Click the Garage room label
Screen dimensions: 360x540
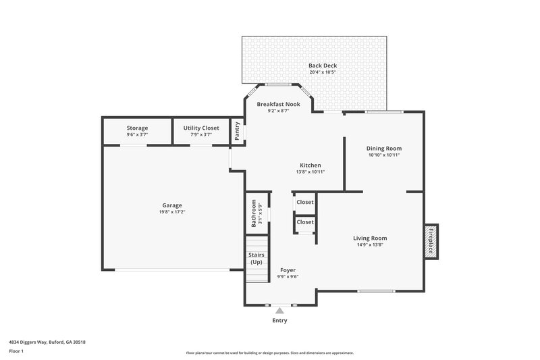(x=171, y=205)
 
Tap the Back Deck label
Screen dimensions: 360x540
(x=323, y=66)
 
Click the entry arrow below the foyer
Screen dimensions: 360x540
(x=279, y=310)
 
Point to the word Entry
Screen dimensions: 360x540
(x=279, y=320)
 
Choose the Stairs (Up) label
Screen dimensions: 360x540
(x=256, y=258)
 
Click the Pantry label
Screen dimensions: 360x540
(x=237, y=131)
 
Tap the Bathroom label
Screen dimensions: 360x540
(x=254, y=212)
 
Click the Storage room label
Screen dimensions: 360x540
(x=137, y=128)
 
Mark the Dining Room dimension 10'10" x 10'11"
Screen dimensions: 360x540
(x=384, y=155)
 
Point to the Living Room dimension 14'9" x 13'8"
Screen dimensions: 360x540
(x=370, y=245)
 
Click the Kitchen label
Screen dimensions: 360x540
(x=310, y=165)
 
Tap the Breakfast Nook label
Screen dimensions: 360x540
(x=278, y=105)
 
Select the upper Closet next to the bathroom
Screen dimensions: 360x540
(x=305, y=202)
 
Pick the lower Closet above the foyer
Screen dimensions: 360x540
(x=305, y=222)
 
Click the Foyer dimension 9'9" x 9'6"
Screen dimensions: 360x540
(x=288, y=276)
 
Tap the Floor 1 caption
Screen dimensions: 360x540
(x=17, y=352)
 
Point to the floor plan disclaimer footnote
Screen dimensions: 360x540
(x=269, y=353)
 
